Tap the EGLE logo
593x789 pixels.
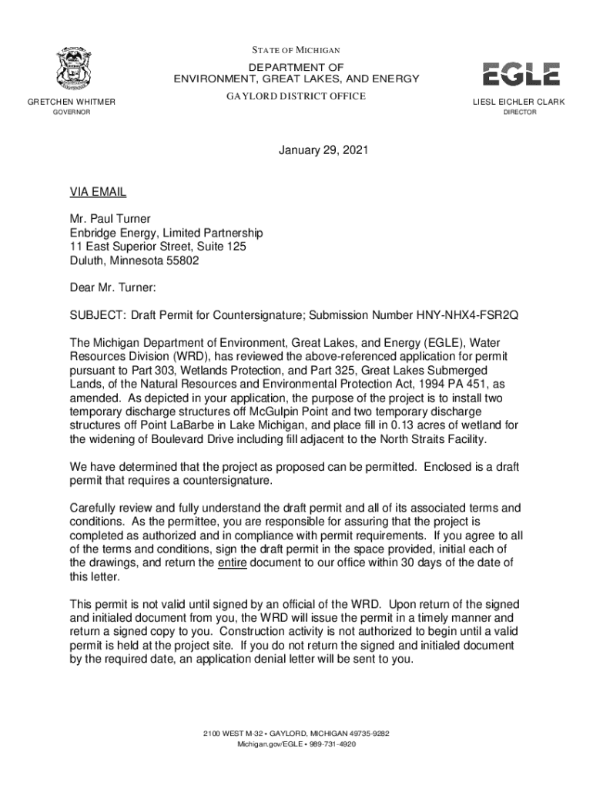tap(521, 74)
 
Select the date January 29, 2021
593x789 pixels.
tap(323, 151)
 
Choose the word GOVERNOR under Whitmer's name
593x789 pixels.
tap(71, 112)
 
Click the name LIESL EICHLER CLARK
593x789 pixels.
tap(519, 102)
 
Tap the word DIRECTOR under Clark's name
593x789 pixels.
tap(520, 112)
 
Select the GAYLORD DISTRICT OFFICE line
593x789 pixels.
tap(296, 96)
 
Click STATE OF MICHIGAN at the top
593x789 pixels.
tap(296, 50)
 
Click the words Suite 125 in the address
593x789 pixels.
tap(221, 247)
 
